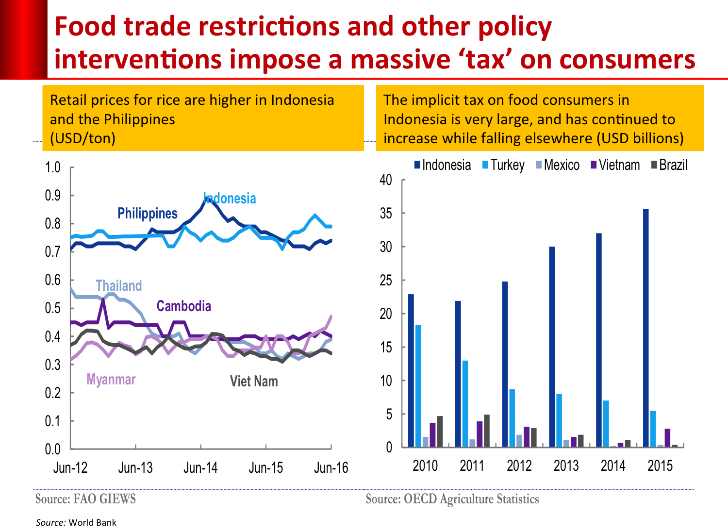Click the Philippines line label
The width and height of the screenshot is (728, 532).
[147, 213]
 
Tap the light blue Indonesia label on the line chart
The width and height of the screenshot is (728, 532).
[230, 198]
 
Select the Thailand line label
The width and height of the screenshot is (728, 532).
[118, 285]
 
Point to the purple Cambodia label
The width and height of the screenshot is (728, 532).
[183, 306]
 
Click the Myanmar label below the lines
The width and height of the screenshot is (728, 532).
[111, 379]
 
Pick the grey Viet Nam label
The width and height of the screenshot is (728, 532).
[253, 381]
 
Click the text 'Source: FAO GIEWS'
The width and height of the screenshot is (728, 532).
[85, 499]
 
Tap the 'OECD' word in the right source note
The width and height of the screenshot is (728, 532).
[420, 499]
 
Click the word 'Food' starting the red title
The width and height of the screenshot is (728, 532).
[85, 27]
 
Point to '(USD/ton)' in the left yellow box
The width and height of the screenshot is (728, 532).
[83, 138]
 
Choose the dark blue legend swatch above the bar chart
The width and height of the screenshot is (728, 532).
[417, 165]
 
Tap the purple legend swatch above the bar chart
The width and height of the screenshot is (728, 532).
[594, 165]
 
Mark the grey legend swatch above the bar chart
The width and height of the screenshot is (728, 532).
[654, 165]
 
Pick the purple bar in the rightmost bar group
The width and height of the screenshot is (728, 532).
[667, 437]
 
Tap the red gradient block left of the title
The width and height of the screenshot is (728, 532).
[23, 39]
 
